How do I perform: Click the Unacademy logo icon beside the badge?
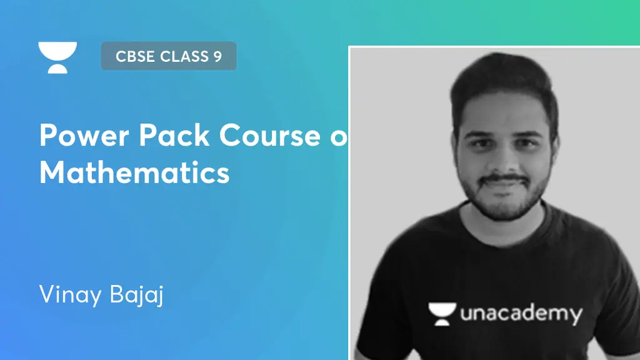point(57,57)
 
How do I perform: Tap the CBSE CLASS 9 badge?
point(169,56)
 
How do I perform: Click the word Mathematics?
point(134,172)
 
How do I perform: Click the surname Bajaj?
point(134,295)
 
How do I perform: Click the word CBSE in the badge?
point(135,56)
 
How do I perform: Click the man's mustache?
point(506,179)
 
